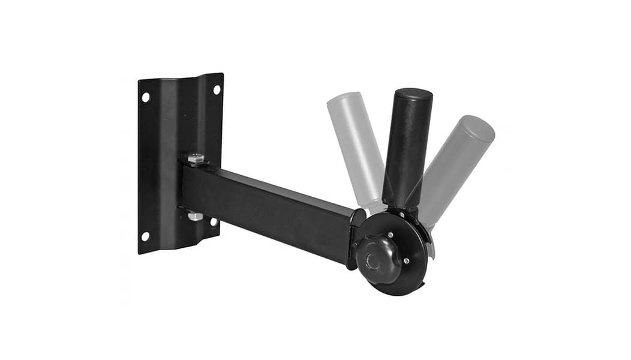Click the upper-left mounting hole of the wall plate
[x=146, y=97]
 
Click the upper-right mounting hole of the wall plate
[x=217, y=89]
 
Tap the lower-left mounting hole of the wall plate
[x=145, y=236]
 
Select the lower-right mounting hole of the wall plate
[x=214, y=222]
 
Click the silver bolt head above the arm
[x=196, y=158]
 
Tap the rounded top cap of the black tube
[x=413, y=95]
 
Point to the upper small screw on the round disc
[x=390, y=235]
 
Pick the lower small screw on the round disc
[x=406, y=260]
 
